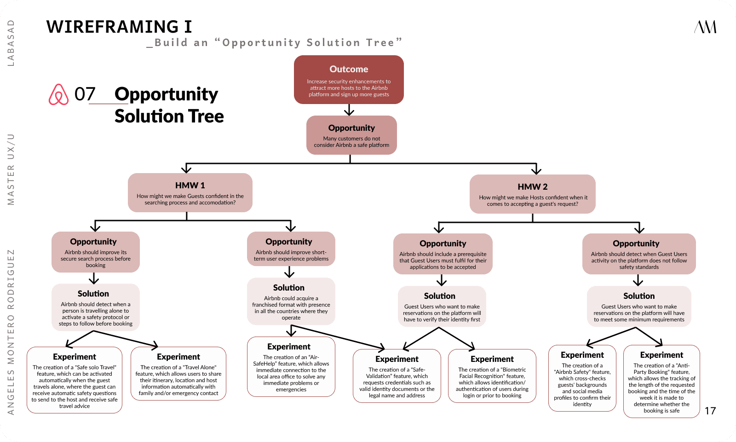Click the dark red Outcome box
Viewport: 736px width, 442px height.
[349, 80]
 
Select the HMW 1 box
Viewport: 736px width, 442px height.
[190, 192]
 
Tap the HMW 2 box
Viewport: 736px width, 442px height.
[532, 194]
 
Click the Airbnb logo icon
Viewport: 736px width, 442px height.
[58, 94]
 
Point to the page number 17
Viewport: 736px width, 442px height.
[710, 411]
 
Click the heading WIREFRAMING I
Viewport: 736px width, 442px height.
[119, 27]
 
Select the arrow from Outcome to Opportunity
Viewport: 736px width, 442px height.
[349, 110]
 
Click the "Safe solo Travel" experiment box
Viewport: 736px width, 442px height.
[75, 380]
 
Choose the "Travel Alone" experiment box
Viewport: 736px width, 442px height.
[178, 373]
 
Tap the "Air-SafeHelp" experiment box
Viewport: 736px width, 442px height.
[291, 366]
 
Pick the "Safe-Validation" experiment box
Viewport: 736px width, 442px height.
[397, 376]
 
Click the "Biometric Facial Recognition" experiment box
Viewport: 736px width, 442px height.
[492, 376]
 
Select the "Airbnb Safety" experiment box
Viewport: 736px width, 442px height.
[582, 378]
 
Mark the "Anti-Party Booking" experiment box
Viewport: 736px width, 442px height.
[661, 381]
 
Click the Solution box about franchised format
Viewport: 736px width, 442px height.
[291, 301]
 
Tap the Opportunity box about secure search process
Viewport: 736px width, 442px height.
[96, 252]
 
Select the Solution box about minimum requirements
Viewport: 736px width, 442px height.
[639, 307]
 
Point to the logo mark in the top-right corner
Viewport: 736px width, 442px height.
[705, 27]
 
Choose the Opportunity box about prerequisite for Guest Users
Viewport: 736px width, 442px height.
[443, 254]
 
